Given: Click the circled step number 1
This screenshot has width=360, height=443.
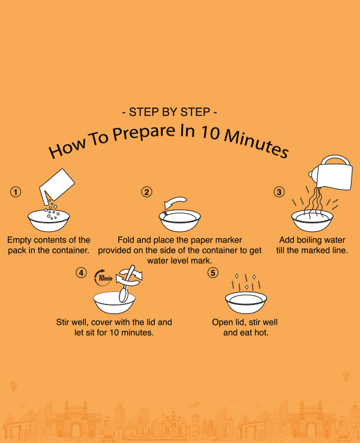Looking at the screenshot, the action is tap(16, 192).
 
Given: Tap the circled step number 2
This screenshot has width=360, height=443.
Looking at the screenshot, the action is tap(146, 192).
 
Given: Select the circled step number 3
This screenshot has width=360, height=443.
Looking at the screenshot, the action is tap(279, 192).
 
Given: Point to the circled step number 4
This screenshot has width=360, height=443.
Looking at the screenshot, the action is tap(81, 273).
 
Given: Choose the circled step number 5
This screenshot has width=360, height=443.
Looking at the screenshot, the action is tap(213, 273).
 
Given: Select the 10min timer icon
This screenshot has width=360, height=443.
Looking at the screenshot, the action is tap(103, 277).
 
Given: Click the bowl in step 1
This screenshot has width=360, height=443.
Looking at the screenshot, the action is tap(49, 220).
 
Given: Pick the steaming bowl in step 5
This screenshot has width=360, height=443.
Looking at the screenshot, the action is tap(246, 303).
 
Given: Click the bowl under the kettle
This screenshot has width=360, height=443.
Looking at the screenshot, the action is tap(312, 221).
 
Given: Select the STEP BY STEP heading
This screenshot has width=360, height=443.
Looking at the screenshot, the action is tap(169, 112).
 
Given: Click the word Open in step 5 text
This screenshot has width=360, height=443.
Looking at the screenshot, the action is tap(222, 322).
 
